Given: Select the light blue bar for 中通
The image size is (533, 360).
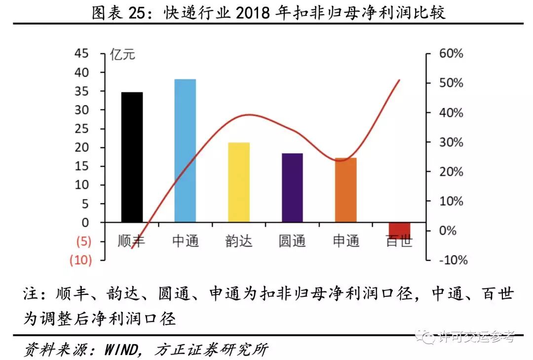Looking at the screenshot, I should tap(185, 150).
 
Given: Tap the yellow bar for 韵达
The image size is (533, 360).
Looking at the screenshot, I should tap(239, 182).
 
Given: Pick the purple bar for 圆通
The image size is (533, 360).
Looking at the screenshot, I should tap(292, 187).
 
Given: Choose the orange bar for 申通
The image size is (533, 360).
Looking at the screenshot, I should tap(345, 190).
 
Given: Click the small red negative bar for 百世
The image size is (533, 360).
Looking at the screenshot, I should tap(399, 229).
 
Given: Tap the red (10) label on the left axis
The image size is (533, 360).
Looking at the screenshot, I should tap(80, 260).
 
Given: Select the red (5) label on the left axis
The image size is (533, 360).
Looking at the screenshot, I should tap(82, 242).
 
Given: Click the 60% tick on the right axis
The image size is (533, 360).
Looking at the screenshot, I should tap(451, 54).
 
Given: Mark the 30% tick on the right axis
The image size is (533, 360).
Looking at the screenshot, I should tap(451, 143).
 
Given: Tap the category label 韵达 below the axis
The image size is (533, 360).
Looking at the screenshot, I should tap(239, 241).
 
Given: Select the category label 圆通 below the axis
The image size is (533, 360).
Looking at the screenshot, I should tap(292, 241).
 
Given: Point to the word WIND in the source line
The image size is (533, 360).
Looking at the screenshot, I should tap(121, 350).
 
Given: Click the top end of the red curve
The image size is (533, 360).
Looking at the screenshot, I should tap(399, 80).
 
